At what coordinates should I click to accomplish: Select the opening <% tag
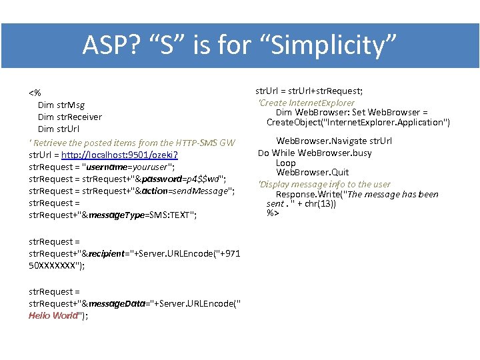(35, 92)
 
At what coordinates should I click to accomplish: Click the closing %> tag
(273, 213)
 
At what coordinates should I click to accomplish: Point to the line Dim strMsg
(61, 105)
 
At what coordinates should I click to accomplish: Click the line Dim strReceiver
(70, 117)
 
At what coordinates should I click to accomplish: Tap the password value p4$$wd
(201, 179)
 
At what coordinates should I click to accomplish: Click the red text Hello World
(53, 316)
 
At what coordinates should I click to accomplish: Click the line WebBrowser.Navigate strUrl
(334, 141)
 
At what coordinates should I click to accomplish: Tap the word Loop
(285, 163)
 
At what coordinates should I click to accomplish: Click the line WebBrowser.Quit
(312, 172)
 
